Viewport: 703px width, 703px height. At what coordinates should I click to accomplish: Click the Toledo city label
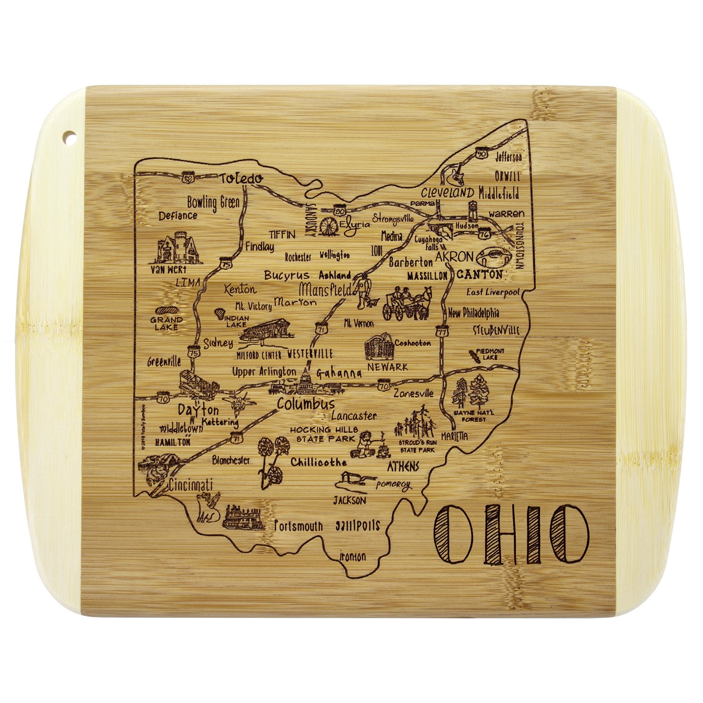[240, 179]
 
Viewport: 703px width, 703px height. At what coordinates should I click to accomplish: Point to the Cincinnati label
[191, 485]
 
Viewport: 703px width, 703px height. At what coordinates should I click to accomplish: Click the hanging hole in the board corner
[70, 137]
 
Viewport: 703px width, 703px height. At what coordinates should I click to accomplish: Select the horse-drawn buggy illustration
[407, 304]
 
